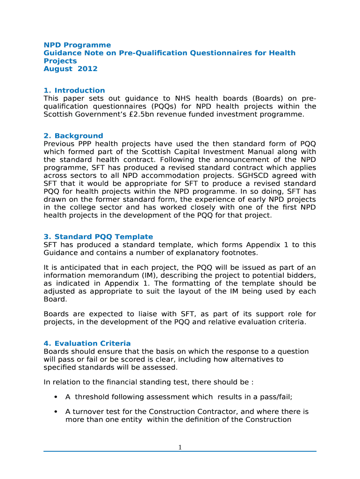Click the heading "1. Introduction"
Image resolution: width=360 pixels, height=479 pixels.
pyautogui.click(x=74, y=90)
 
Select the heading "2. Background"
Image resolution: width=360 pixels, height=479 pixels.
pyautogui.click(x=73, y=136)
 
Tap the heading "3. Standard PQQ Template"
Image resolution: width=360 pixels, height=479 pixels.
pyautogui.click(x=98, y=237)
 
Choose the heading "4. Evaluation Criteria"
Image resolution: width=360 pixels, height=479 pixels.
pyautogui.click(x=87, y=343)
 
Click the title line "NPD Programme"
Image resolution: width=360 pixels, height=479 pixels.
pyautogui.click(x=77, y=45)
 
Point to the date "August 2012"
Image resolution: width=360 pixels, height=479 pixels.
pyautogui.click(x=71, y=69)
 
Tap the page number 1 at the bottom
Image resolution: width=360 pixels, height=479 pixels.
pyautogui.click(x=180, y=448)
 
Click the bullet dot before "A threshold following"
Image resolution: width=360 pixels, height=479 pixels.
pyautogui.click(x=56, y=397)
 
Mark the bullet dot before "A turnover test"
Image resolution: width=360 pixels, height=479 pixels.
pyautogui.click(x=56, y=412)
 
